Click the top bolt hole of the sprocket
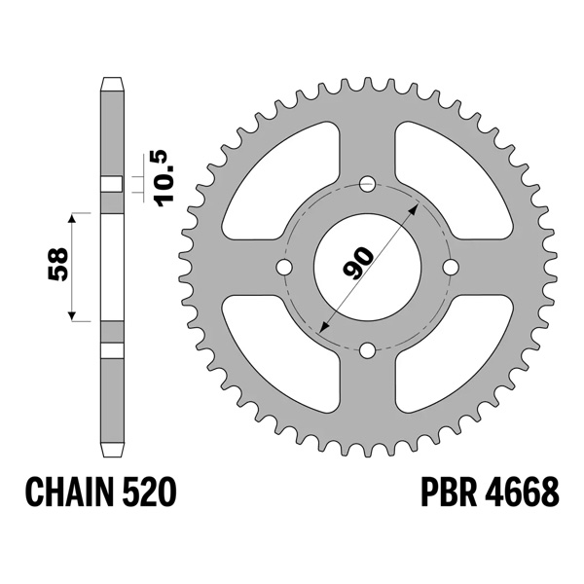coord(367,182)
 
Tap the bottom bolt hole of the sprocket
coord(367,350)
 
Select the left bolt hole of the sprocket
coord(283,267)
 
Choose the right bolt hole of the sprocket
coord(451,267)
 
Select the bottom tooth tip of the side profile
coord(113,454)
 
